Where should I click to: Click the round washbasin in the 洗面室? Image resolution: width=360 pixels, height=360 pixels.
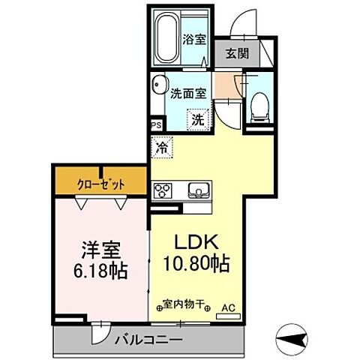click(157, 84)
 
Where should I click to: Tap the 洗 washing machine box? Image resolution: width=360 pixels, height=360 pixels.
click(196, 118)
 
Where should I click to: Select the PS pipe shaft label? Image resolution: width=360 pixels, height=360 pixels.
click(156, 126)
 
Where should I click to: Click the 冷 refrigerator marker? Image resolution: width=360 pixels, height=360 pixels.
click(162, 148)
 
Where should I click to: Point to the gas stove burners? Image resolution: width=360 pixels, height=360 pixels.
click(163, 190)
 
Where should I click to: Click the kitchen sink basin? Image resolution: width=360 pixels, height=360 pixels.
click(199, 189)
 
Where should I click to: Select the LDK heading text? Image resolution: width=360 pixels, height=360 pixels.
click(196, 244)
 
